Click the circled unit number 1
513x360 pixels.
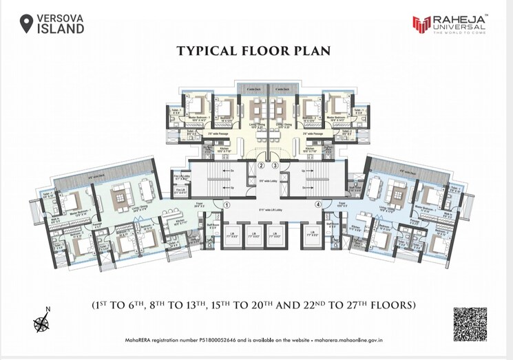227,204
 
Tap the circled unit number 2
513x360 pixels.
261,165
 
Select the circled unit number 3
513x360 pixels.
274,165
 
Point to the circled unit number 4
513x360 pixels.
318,204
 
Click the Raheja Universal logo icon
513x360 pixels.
421,25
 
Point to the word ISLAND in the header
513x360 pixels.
61,30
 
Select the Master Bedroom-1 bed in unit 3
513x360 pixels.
337,105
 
